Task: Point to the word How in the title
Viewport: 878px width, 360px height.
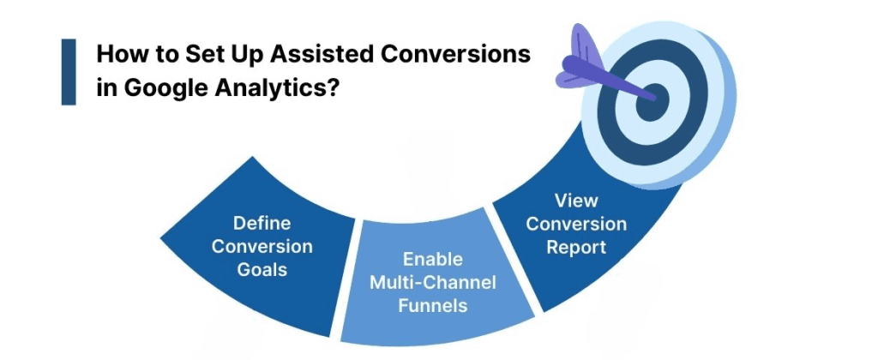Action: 116,54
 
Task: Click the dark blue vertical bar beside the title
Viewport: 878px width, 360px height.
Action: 69,72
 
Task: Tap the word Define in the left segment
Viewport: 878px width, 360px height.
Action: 262,224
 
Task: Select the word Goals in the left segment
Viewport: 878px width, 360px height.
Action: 262,268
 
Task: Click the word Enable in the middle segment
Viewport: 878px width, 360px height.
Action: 435,259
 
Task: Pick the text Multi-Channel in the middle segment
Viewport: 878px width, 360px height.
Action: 435,281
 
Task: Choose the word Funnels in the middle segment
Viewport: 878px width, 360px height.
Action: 435,303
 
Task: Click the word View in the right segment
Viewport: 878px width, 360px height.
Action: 576,202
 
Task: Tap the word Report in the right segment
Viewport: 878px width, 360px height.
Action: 576,247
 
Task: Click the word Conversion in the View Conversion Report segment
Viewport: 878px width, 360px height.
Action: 576,225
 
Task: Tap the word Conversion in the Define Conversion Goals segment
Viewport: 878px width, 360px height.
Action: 262,246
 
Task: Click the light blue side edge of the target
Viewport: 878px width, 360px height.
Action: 725,137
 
